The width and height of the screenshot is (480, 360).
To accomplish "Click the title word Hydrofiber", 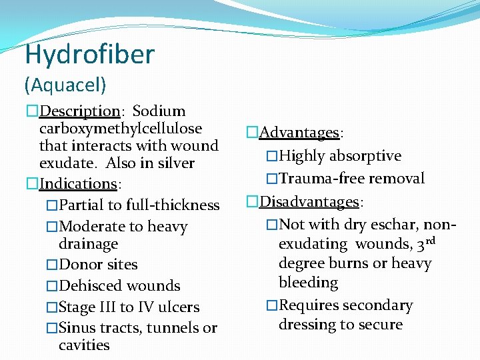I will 89,54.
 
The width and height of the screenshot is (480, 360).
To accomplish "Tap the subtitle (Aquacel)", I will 65,85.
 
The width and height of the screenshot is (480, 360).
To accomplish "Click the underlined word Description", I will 79,111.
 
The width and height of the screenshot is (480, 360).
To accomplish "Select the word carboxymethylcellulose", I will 121,128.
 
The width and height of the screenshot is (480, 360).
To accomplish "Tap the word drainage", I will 88,244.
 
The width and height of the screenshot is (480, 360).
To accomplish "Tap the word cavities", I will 84,345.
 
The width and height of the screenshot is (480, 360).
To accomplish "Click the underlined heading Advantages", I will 299,133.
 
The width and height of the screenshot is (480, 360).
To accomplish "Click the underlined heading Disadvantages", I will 309,201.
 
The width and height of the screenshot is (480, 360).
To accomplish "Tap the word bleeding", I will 308,283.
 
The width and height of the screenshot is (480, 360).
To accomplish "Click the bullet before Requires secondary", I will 271,306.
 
